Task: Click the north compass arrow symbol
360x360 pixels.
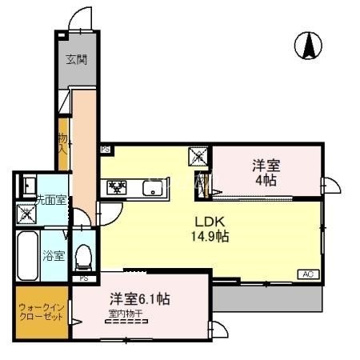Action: (x=308, y=46)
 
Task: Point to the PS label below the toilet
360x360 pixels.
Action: (x=84, y=278)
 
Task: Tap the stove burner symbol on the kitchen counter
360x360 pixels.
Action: (x=117, y=189)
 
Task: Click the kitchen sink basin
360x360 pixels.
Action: (x=152, y=189)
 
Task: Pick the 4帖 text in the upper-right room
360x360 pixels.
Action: (x=266, y=180)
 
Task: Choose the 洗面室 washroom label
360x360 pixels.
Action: (x=32, y=198)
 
